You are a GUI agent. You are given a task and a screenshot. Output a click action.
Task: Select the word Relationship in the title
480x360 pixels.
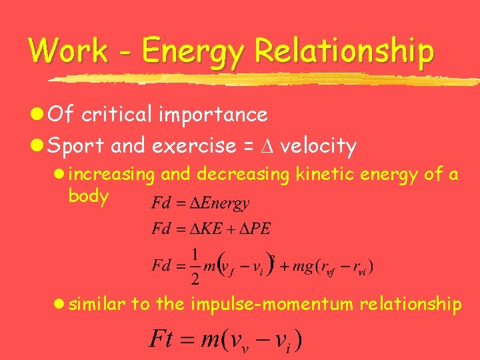point(345,52)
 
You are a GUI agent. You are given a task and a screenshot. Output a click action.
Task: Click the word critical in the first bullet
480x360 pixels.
point(115,115)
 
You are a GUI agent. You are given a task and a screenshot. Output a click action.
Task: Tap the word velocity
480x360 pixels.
point(318,146)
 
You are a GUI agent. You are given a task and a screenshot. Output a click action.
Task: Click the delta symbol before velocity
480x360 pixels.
point(267,145)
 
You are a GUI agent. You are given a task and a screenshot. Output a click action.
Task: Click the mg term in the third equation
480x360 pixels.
point(295,266)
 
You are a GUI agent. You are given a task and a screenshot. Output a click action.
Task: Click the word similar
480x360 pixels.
point(97,304)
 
